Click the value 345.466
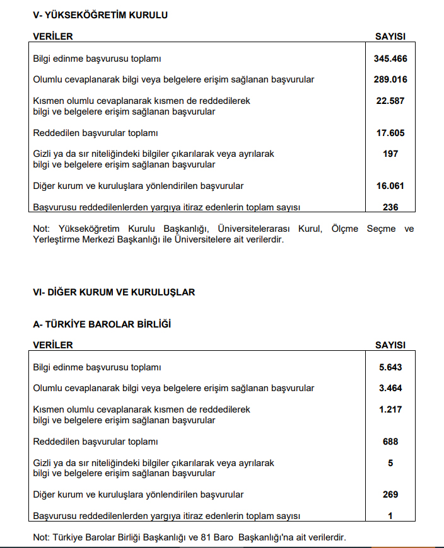pyautogui.click(x=390, y=59)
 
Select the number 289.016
pyautogui.click(x=390, y=79)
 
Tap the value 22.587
pyautogui.click(x=390, y=101)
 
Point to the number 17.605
pyautogui.click(x=390, y=133)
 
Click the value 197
pyautogui.click(x=390, y=154)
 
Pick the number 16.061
pyautogui.click(x=390, y=186)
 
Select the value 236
pyautogui.click(x=390, y=207)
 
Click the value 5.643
pyautogui.click(x=390, y=367)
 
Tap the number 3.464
pyautogui.click(x=390, y=388)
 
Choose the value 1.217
pyautogui.click(x=390, y=409)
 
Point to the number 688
pyautogui.click(x=390, y=442)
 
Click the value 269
pyautogui.click(x=390, y=494)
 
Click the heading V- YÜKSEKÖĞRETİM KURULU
pyautogui.click(x=100, y=14)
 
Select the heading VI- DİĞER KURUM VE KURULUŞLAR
pyautogui.click(x=114, y=292)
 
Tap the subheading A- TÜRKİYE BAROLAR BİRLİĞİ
pyautogui.click(x=102, y=324)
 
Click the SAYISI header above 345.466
pyautogui.click(x=390, y=37)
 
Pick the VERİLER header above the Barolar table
pyautogui.click(x=53, y=345)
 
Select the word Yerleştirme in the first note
pyautogui.click(x=56, y=239)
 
